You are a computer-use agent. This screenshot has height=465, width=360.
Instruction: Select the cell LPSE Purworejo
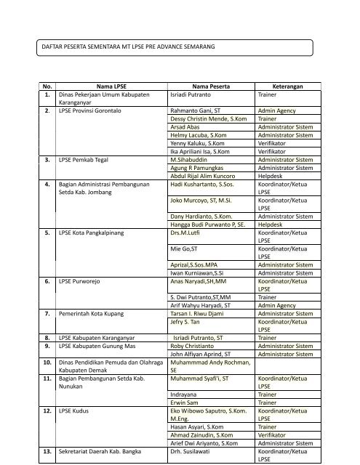pyautogui.click(x=80, y=280)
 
